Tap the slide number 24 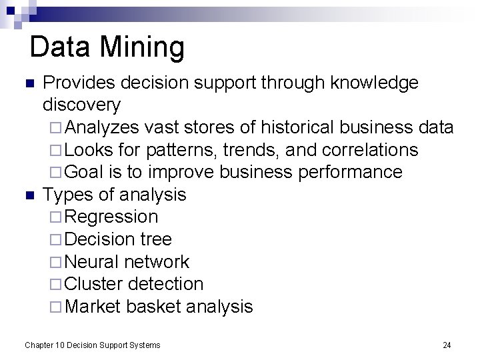coord(447,345)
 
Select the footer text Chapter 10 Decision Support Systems coord(93,345)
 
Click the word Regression coord(112,217)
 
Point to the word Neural coord(93,262)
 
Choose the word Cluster coord(95,284)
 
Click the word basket coord(153,307)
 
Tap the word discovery coord(81,105)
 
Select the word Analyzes coord(103,127)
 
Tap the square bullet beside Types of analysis coord(29,195)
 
